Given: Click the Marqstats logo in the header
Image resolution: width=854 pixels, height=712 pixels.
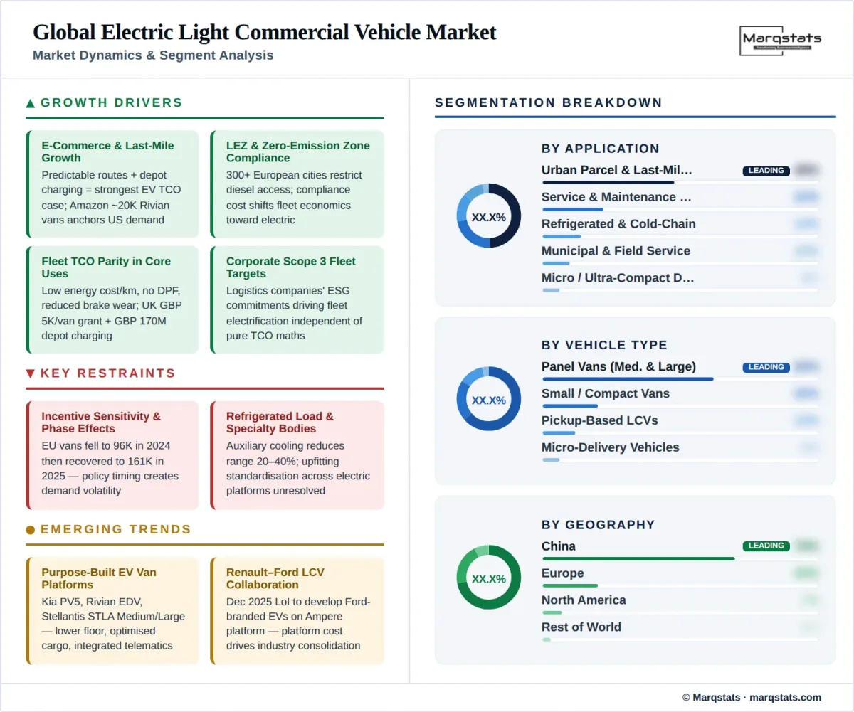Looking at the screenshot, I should point(781,40).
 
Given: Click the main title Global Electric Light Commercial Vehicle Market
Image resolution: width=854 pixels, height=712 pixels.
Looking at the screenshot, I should point(264,32).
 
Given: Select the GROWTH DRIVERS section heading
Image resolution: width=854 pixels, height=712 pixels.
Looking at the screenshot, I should point(111,102).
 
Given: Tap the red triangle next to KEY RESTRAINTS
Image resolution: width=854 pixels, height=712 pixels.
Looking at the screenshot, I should point(31,373).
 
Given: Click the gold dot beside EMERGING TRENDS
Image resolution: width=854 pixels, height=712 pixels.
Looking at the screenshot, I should point(31,530).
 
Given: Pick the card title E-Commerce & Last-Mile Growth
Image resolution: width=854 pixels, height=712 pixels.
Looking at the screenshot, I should point(107,152).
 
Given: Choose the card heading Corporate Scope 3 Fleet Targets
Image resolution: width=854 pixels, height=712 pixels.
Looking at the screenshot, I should point(290,267).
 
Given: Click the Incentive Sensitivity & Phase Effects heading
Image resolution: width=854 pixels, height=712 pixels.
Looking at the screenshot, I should point(100,423).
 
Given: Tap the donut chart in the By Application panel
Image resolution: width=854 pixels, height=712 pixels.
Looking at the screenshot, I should point(488,216).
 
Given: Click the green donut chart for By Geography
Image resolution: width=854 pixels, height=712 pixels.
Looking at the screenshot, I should point(488,578).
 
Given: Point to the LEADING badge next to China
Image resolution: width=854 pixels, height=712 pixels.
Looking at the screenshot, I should point(766,546).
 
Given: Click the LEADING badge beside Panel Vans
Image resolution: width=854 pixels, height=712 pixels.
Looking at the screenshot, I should point(766,367).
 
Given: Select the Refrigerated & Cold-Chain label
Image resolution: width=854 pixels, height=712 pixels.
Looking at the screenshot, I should point(618,224).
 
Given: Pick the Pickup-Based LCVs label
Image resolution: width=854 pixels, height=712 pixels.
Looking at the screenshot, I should point(599,420).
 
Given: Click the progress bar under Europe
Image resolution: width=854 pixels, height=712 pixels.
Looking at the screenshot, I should point(569,585).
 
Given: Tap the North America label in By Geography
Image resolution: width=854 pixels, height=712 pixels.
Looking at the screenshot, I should point(584,600).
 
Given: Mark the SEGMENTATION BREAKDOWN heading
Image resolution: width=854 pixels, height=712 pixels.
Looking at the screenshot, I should point(548,102).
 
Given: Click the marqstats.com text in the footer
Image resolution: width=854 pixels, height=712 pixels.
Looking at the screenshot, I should point(785,697).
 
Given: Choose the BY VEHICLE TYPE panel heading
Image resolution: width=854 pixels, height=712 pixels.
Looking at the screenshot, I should point(604,345).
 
